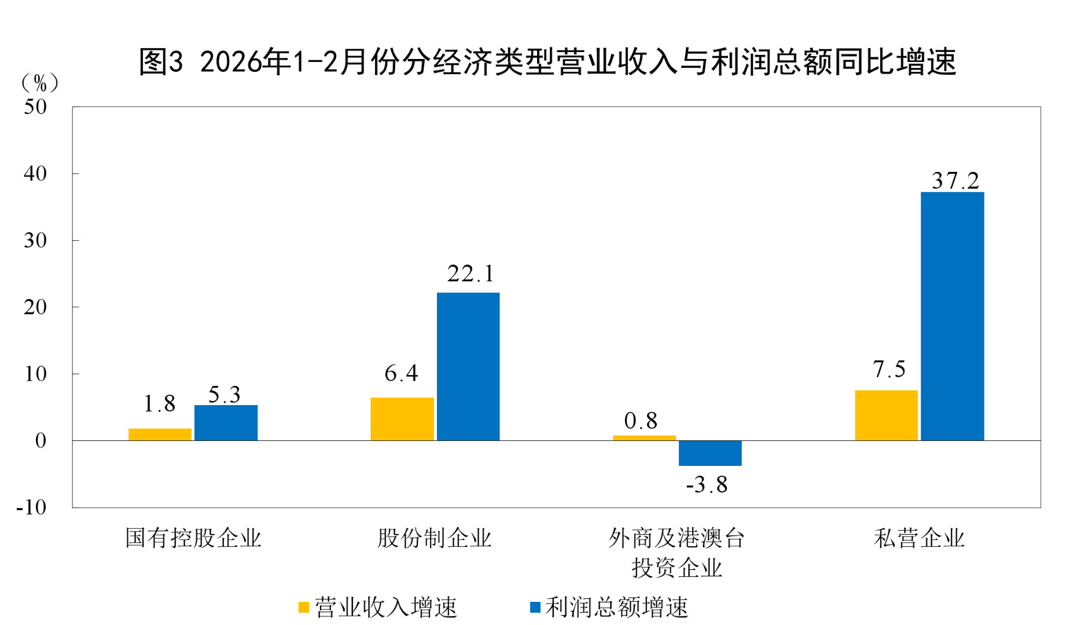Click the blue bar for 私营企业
(x=952, y=316)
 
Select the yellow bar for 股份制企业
(x=402, y=419)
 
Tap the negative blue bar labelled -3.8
(x=710, y=453)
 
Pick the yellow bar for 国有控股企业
(x=160, y=434)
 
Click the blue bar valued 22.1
(x=468, y=366)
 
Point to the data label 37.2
(x=955, y=181)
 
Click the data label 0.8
(x=641, y=421)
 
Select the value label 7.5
(x=889, y=369)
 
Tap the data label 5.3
(x=224, y=395)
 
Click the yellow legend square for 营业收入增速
(x=303, y=607)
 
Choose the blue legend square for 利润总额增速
(x=535, y=607)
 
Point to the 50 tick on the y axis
(x=35, y=107)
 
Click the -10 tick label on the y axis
(x=31, y=508)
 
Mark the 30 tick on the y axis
(x=35, y=241)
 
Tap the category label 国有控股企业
(x=193, y=538)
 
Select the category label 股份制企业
(x=434, y=538)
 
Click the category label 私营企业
(x=919, y=538)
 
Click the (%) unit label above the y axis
(x=39, y=83)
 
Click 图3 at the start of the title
(x=161, y=62)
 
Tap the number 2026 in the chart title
(x=230, y=62)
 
